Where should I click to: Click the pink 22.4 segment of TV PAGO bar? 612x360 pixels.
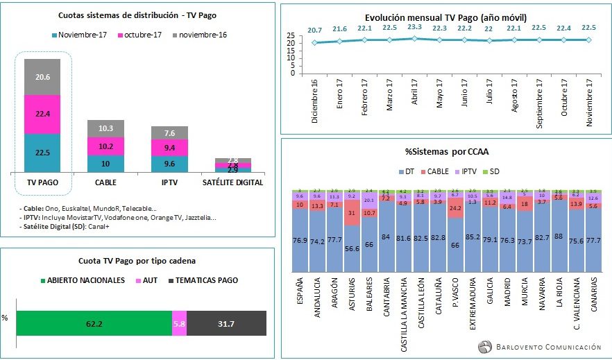coord(42,114)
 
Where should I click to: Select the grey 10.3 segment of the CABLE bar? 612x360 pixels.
coord(106,128)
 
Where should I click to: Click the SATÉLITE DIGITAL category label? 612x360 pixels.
coord(232,182)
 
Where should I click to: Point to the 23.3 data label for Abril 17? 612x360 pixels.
coord(414,27)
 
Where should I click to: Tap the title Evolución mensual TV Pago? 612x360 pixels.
coord(446,18)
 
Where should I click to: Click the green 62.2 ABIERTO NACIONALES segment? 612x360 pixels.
coord(94,323)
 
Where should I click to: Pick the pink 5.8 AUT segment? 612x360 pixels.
coord(180,323)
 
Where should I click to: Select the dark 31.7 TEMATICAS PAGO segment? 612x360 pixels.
coord(227,323)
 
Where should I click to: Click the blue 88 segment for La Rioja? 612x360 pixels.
coord(558,236)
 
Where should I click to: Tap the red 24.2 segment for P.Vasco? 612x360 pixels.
coord(456,208)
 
